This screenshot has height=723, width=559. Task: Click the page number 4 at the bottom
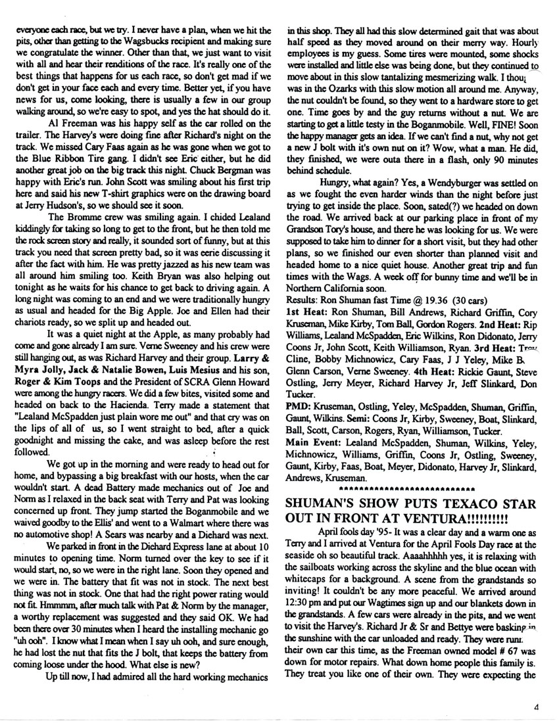pyautogui.click(x=537, y=707)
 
